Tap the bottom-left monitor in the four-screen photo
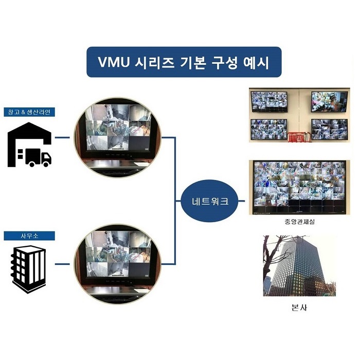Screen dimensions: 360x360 coord(268,130)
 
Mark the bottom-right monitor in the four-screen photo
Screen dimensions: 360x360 coord(329,130)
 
